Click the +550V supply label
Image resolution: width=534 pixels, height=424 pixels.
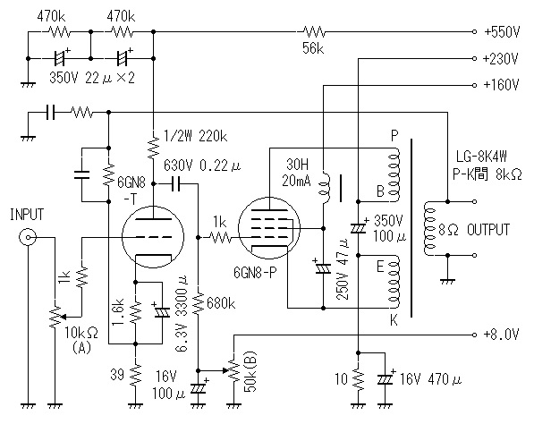click(x=502, y=32)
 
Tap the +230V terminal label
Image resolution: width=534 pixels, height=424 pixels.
click(x=501, y=58)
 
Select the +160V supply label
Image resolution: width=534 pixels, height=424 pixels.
click(x=501, y=84)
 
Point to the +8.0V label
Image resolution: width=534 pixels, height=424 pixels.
click(x=501, y=335)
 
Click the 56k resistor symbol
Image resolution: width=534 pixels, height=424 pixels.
click(x=314, y=32)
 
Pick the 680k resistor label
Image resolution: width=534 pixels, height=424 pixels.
click(x=221, y=303)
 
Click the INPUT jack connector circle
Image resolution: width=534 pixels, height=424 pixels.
click(x=27, y=237)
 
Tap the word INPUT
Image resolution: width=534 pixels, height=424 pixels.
click(x=27, y=215)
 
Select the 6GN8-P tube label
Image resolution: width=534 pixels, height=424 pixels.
click(x=255, y=273)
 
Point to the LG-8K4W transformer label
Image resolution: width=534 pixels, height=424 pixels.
click(x=481, y=157)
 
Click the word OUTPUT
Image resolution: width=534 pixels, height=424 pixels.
click(x=488, y=230)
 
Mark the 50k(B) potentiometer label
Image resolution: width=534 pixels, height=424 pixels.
click(x=250, y=371)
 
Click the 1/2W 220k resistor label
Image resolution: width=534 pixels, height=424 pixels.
click(x=195, y=137)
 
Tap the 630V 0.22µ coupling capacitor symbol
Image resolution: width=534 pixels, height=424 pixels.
click(x=176, y=184)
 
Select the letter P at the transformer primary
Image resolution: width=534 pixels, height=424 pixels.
click(x=394, y=136)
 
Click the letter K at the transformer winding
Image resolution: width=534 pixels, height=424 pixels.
click(x=394, y=320)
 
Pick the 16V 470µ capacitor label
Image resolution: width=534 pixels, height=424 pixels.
click(x=431, y=379)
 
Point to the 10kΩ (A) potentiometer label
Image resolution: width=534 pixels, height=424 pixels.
click(x=81, y=340)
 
